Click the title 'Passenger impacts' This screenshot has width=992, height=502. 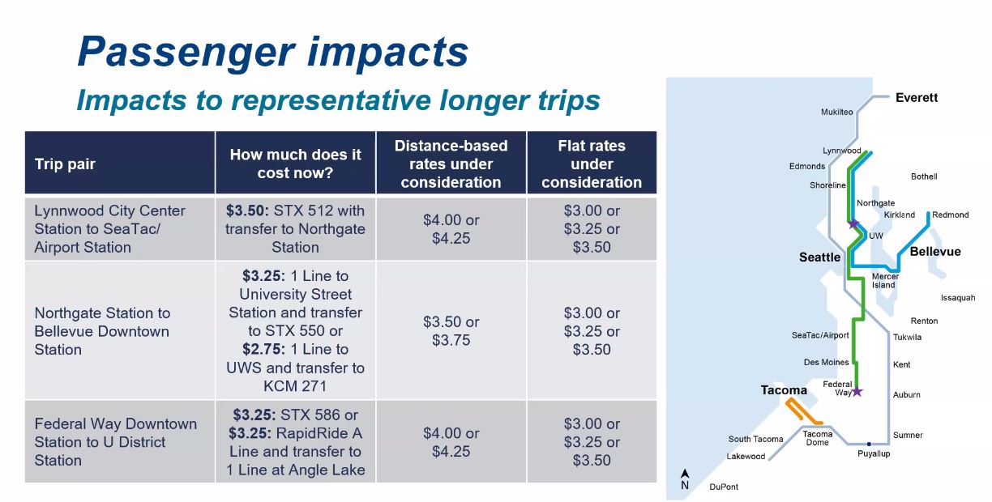[273, 53]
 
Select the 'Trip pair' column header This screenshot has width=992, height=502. [65, 164]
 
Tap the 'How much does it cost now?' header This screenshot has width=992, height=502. [295, 164]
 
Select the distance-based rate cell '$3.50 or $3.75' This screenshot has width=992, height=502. [451, 331]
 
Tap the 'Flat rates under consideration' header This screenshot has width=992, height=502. [592, 164]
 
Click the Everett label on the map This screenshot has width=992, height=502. [917, 97]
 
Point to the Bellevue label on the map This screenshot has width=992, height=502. [935, 252]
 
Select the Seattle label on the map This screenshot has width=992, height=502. [819, 257]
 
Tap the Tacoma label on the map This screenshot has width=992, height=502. [784, 390]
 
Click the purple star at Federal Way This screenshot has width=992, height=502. [857, 391]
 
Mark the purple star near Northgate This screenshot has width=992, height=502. [853, 223]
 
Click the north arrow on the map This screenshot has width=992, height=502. [685, 474]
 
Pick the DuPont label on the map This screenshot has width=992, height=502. [724, 487]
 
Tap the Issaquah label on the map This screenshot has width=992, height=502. [958, 298]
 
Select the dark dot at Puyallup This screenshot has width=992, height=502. [869, 444]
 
